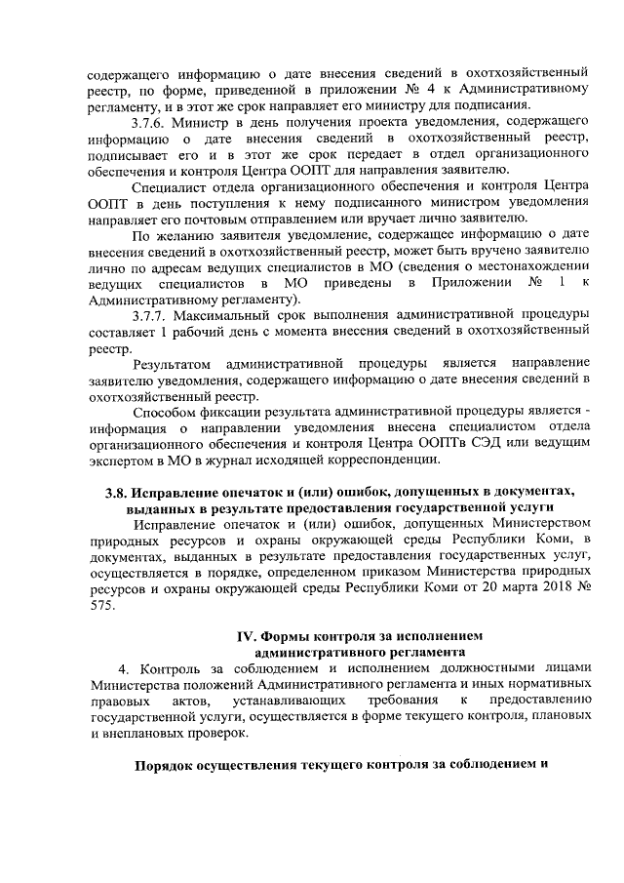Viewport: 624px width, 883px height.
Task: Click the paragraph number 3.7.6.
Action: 151,122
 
